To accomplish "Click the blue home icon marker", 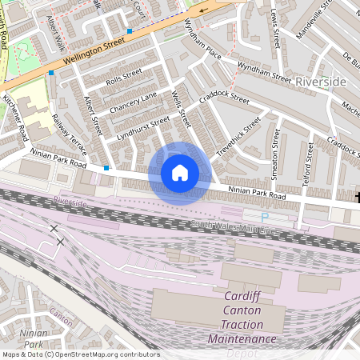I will click(x=180, y=173).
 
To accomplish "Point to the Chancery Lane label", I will click(x=133, y=102).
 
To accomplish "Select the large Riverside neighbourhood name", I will click(x=320, y=82).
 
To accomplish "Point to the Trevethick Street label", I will click(x=239, y=138).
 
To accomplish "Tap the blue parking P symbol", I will click(x=265, y=217).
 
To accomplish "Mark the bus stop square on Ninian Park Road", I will click(x=106, y=168).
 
